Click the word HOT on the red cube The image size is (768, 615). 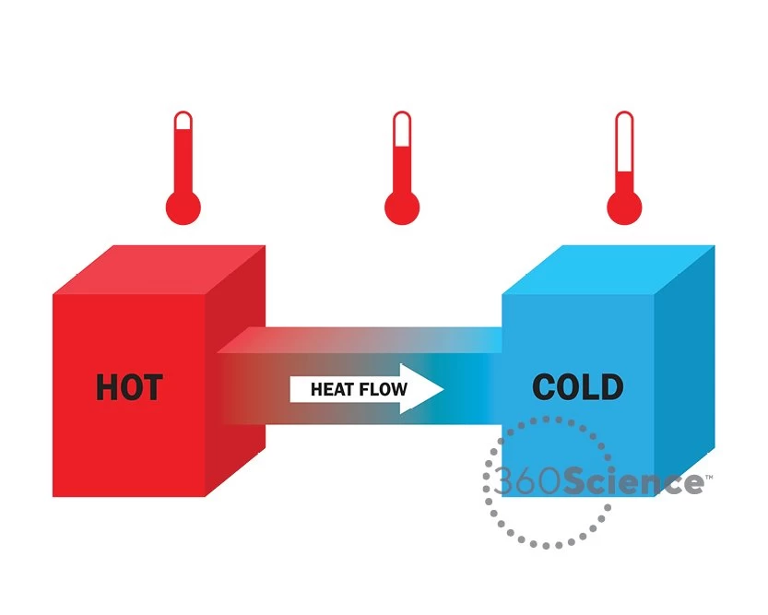click(x=129, y=387)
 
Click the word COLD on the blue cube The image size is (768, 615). click(x=578, y=387)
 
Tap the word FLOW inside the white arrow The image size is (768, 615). click(x=386, y=390)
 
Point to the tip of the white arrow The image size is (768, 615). click(x=443, y=389)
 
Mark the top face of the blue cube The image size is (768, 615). click(x=608, y=269)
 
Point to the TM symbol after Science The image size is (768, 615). click(x=708, y=477)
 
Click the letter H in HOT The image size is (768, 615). click(x=108, y=387)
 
